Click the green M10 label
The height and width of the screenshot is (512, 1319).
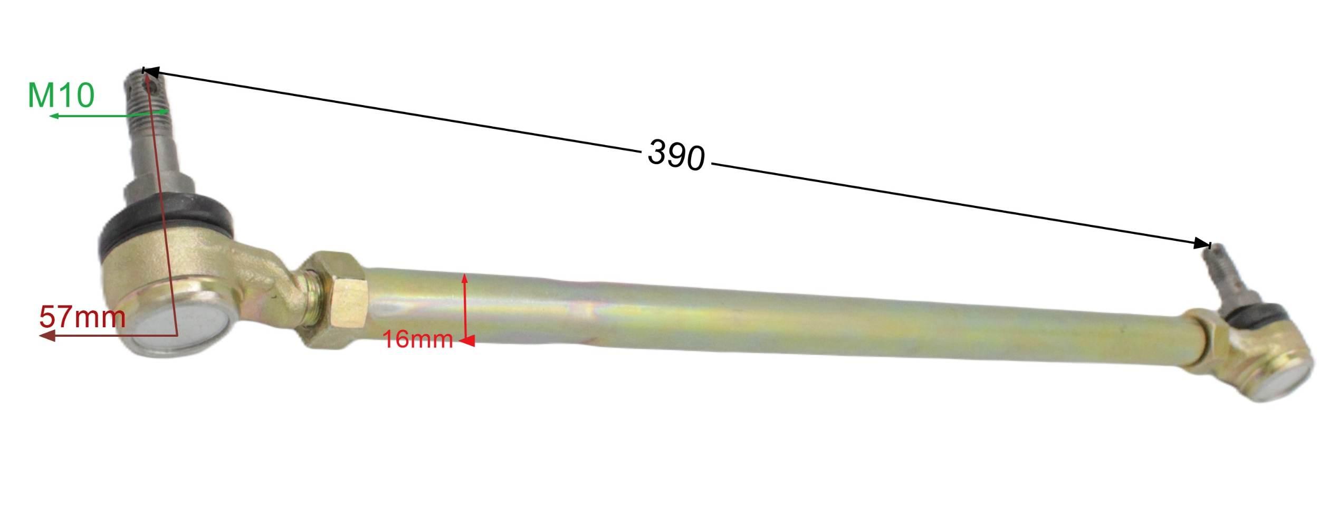point(61,96)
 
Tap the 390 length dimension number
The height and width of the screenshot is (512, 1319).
point(676,155)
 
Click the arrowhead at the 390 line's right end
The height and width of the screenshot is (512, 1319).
point(1202,243)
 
